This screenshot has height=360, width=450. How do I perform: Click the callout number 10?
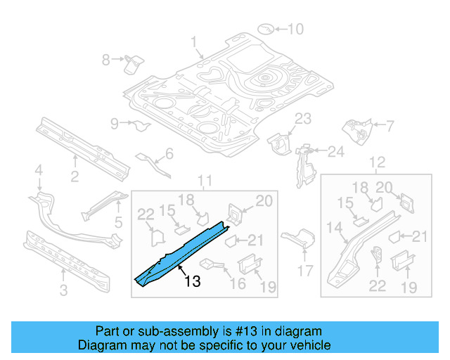tap(295, 29)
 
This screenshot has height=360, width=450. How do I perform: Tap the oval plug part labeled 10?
tap(267, 29)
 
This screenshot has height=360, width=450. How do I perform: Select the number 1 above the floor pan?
tap(194, 41)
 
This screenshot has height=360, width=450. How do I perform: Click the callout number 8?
tap(106, 60)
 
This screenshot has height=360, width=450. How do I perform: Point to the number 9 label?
tap(115, 124)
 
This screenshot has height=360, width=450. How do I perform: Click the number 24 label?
tap(335, 151)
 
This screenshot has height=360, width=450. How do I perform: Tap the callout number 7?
tap(390, 126)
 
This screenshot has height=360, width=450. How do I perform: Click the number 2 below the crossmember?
tap(75, 176)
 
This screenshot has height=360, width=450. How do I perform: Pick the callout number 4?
tap(39, 169)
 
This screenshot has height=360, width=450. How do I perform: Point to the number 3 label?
tap(63, 290)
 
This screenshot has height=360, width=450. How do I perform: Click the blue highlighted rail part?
tap(184, 249)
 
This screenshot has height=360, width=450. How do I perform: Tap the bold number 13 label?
tap(192, 282)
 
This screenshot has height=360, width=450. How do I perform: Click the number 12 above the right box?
tap(377, 163)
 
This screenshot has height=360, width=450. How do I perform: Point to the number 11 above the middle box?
tap(204, 182)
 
